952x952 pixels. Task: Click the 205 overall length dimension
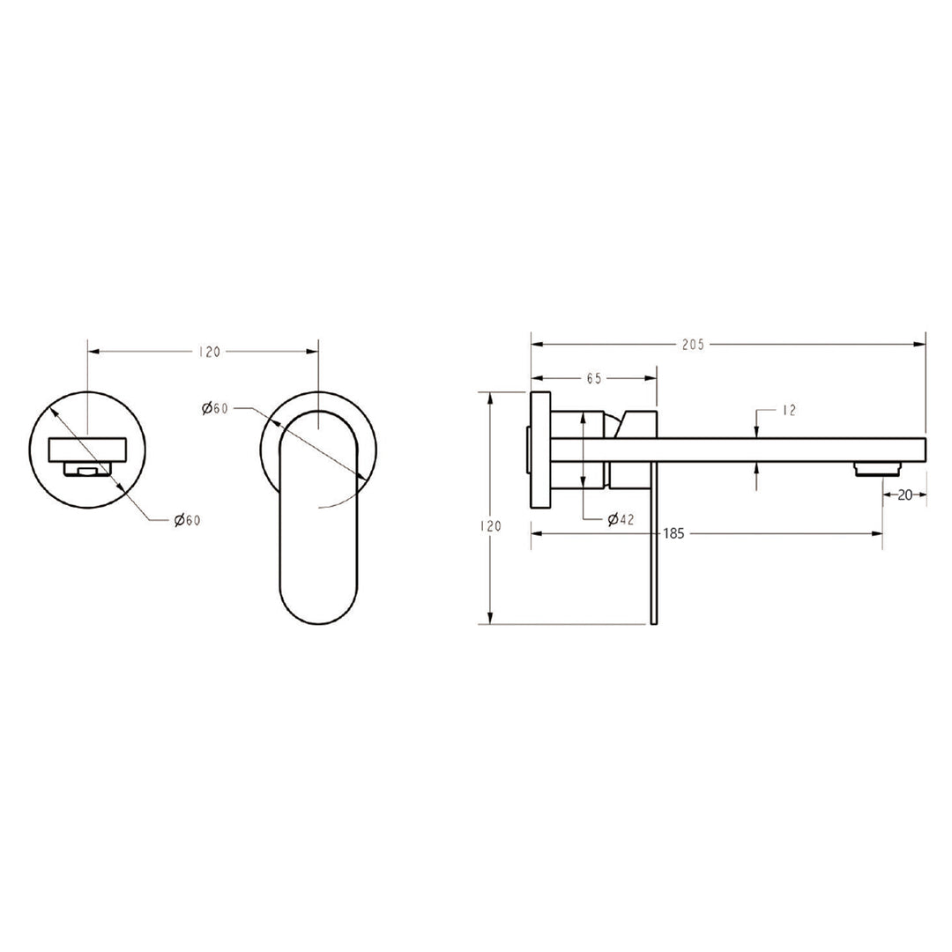click(692, 345)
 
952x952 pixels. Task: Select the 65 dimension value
click(593, 378)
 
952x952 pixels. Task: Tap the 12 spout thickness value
click(788, 410)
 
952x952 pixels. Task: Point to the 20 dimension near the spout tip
click(905, 495)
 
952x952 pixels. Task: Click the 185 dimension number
click(674, 533)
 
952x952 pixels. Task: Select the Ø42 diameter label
click(621, 519)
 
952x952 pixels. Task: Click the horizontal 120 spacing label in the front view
click(209, 352)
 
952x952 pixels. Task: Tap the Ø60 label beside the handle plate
click(215, 407)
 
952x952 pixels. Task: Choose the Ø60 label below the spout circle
click(187, 520)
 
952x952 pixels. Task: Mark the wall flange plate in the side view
click(539, 449)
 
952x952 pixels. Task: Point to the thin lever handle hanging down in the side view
click(651, 547)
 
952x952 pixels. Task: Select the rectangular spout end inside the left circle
click(87, 450)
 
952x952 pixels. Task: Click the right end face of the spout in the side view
click(925, 449)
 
